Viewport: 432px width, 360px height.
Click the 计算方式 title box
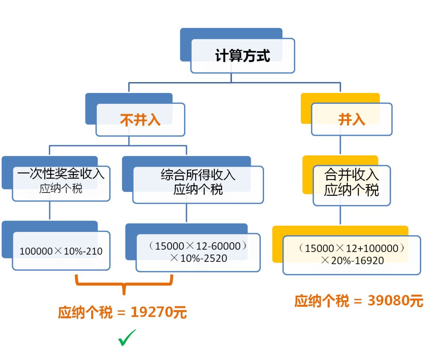point(243,56)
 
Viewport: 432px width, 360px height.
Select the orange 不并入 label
point(140,120)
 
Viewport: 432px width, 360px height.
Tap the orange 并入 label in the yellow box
point(352,119)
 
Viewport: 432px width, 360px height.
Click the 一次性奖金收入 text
point(61,173)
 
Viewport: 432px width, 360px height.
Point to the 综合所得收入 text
point(198,175)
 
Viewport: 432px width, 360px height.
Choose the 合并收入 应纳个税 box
point(352,185)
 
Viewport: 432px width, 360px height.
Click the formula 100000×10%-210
point(61,251)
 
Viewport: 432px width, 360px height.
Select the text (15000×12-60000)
point(198,246)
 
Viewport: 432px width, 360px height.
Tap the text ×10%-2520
point(199,258)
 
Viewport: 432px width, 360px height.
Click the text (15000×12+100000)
point(352,248)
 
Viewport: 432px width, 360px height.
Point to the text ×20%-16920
point(352,260)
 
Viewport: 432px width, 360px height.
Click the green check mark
point(127,338)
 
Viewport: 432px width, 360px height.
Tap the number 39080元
point(395,301)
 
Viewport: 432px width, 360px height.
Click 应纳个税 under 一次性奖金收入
point(61,189)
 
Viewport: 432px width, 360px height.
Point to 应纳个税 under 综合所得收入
point(198,189)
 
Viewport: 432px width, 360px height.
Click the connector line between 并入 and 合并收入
point(340,145)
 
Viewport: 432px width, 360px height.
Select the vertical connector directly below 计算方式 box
point(231,78)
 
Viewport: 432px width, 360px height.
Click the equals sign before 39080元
point(358,301)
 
